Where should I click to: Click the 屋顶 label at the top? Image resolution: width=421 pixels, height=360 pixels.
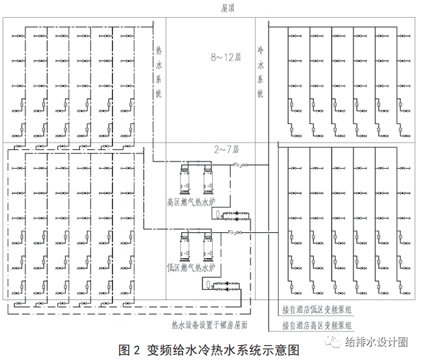228,8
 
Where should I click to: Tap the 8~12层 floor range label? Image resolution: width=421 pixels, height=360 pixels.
226,57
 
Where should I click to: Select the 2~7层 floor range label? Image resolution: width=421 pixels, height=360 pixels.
226,149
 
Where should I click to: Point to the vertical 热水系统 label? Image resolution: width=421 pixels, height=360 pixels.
159,72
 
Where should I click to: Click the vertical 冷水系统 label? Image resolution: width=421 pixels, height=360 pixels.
260,72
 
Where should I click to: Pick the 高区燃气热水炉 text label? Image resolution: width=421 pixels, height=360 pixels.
191,202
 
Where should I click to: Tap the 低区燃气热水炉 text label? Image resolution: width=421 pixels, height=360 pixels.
191,267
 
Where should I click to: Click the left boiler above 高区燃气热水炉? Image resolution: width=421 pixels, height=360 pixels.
185,180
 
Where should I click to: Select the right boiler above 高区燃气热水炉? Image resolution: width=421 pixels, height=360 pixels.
208,180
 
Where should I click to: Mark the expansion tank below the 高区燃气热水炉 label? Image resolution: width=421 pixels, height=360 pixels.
218,214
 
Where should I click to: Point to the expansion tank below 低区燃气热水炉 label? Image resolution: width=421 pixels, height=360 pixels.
208,283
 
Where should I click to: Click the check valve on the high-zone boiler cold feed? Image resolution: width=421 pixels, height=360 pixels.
237,165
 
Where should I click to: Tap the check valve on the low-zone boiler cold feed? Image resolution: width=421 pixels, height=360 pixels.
231,232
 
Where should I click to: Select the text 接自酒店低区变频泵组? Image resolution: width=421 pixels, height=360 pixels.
317,310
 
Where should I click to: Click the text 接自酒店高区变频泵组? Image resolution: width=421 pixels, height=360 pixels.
317,325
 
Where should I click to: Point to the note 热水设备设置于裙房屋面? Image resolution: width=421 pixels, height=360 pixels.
210,325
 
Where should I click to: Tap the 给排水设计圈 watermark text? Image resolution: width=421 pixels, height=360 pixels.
376,341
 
